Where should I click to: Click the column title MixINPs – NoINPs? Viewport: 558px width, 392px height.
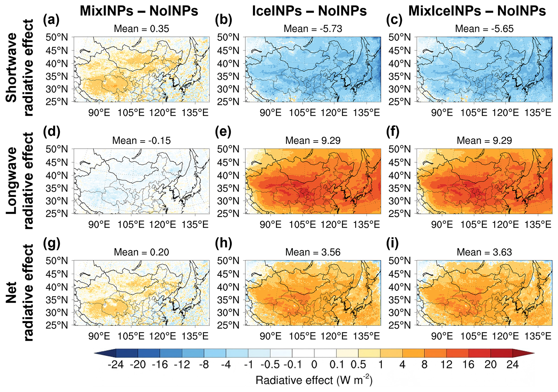click(139, 11)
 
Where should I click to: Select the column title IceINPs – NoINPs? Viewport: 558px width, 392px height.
click(309, 11)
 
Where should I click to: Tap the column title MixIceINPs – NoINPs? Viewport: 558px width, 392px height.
click(477, 11)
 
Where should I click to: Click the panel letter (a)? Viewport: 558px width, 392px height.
click(51, 20)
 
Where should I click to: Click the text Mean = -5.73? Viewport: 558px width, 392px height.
click(313, 29)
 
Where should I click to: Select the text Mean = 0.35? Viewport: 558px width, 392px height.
click(141, 29)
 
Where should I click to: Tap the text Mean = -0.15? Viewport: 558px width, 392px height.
click(141, 141)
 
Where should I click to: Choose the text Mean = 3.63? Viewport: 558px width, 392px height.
click(484, 252)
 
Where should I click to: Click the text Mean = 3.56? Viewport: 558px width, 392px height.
click(313, 252)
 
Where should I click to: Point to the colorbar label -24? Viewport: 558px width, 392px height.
click(116, 364)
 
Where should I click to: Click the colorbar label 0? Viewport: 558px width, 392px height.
click(314, 364)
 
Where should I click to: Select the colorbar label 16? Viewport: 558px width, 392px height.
click(468, 364)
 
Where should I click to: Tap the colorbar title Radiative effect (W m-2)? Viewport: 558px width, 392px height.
click(314, 380)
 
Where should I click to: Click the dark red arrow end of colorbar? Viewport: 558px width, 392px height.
click(523, 353)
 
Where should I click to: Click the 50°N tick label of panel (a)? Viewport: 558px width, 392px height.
click(57, 38)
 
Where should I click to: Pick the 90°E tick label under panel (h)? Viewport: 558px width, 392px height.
click(270, 336)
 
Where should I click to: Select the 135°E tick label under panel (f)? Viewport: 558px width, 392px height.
click(538, 224)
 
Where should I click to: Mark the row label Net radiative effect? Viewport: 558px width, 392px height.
click(20, 293)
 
